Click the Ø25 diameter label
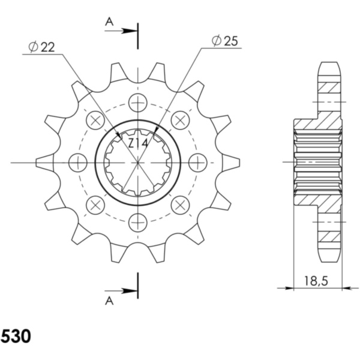[225, 41]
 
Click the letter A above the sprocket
[109, 21]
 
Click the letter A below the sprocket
[109, 301]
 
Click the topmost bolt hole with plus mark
[138, 103]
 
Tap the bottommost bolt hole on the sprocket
[138, 221]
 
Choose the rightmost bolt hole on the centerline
[197, 162]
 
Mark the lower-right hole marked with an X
[180, 204]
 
